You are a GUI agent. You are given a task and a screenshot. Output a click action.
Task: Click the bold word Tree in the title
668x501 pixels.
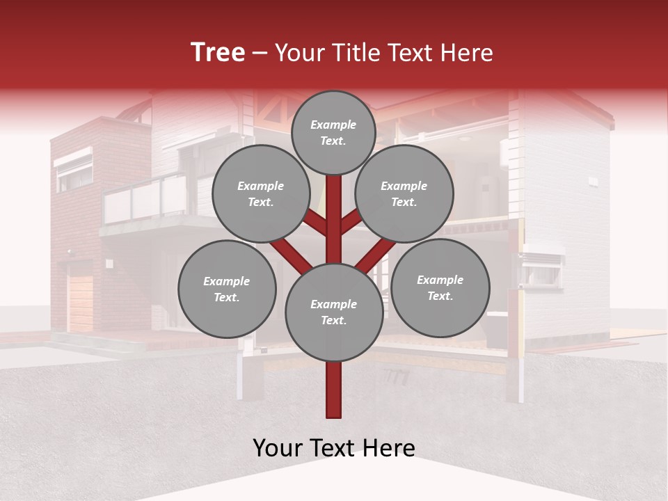218,52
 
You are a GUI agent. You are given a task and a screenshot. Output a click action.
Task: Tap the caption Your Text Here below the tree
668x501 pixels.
334,448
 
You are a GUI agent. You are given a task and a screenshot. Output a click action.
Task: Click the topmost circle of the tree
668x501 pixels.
333,132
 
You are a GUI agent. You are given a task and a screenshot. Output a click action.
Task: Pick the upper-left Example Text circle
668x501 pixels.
260,193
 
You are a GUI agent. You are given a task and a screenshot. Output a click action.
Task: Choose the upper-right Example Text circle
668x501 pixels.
404,193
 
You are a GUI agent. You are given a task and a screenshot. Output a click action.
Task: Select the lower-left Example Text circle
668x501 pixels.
227,289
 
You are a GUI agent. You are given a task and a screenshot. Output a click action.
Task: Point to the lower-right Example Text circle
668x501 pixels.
440,287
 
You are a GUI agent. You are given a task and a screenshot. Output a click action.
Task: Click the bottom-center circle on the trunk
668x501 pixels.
334,312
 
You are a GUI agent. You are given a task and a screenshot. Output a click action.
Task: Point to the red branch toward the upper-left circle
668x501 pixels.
315,222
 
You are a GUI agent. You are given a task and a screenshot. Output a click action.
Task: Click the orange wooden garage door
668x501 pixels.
81,303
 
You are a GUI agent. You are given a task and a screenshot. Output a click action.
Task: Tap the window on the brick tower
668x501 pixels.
74,171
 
